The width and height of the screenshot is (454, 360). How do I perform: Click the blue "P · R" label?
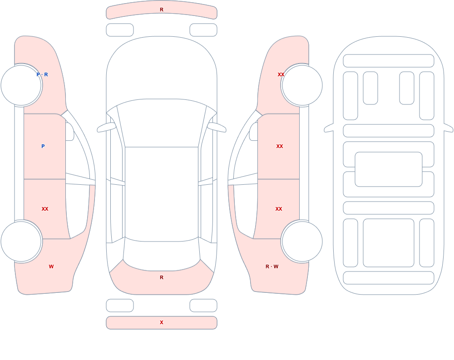coord(42,74)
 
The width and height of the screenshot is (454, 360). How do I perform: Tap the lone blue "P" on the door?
coord(43,146)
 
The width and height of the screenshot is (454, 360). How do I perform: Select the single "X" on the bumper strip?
coord(162,322)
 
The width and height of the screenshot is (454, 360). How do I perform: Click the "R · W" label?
coord(272,266)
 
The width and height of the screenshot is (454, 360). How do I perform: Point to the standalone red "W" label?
coord(51,266)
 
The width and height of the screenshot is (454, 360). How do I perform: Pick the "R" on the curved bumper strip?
coord(162,10)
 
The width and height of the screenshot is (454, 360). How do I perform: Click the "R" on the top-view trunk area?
coord(162,277)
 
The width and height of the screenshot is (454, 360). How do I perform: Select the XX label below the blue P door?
coord(45,209)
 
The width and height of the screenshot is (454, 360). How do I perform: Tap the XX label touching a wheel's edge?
coord(281,74)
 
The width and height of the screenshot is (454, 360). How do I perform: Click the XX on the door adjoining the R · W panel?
coord(279,209)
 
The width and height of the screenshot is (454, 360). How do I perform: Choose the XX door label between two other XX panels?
coord(279,146)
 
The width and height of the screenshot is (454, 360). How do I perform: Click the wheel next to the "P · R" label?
coord(21,85)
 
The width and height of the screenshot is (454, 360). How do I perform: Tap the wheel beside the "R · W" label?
coord(302,241)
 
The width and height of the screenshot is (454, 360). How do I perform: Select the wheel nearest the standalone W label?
coord(21,241)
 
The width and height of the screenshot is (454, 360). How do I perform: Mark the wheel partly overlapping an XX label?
coord(302,85)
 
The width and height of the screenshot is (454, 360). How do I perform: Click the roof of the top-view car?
coord(162,194)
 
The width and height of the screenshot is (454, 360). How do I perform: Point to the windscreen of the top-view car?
coord(162,123)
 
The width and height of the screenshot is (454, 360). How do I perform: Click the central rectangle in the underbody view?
coord(389,169)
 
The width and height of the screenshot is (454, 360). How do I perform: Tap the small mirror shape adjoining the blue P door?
coord(69,132)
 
